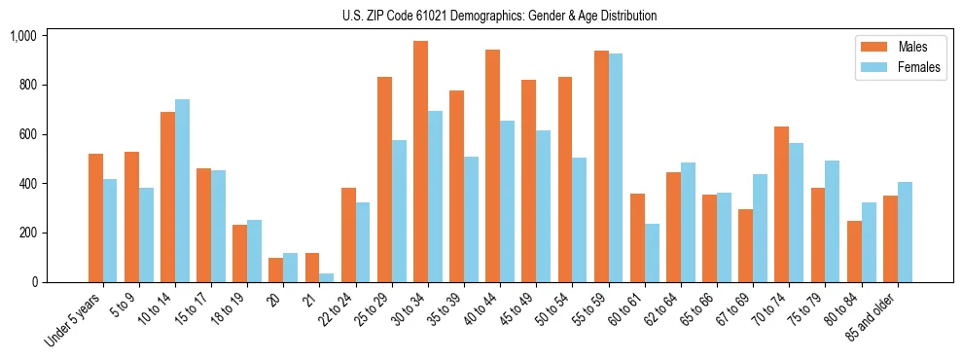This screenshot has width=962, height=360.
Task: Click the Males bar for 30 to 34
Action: pos(420,162)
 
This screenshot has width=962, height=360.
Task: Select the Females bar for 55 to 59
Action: pos(616,167)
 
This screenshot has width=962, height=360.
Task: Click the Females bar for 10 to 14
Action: pos(182,191)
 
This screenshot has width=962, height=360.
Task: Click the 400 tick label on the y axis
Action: pos(26,184)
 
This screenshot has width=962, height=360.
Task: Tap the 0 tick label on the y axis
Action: pos(34,282)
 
